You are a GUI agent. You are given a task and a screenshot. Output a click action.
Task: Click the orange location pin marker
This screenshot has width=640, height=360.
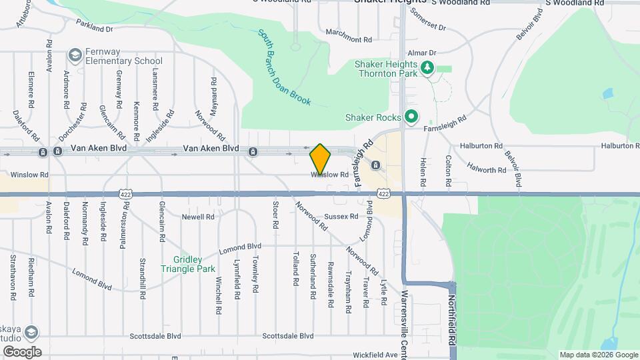click(x=320, y=159)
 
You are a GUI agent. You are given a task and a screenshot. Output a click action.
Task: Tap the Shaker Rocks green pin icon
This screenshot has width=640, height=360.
click(x=411, y=117)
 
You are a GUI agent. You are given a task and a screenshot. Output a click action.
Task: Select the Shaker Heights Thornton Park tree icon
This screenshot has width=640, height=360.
click(x=427, y=67)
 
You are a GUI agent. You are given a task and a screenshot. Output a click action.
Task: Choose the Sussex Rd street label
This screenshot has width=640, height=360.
click(x=341, y=217)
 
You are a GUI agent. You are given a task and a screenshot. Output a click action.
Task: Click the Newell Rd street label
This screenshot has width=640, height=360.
click(x=199, y=217)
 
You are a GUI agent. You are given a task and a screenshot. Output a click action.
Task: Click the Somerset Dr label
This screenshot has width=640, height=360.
click(x=427, y=19)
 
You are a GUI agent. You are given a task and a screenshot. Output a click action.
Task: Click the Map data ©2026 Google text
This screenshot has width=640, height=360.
click(x=598, y=355)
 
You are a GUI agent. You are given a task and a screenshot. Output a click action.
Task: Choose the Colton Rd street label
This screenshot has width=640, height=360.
click(x=449, y=170)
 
